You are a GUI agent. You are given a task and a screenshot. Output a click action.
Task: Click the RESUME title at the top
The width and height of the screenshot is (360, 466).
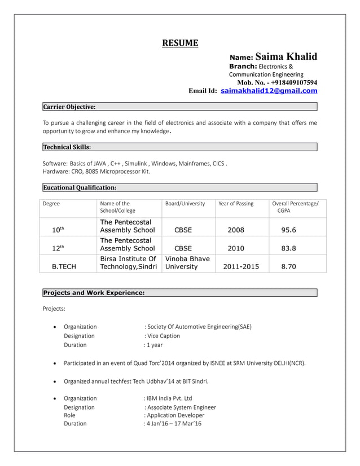tap(180, 43)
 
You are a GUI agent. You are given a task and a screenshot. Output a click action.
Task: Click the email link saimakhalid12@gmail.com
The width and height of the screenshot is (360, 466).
tap(269, 91)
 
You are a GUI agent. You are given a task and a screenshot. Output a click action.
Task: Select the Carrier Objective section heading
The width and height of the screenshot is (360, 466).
tap(69, 107)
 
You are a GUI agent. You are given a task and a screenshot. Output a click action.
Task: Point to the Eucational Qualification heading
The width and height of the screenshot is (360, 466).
tap(80, 187)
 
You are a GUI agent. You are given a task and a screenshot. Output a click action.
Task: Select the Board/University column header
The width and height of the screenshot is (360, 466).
tap(185, 204)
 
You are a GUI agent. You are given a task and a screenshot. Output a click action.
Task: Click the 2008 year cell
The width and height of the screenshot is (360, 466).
tap(236, 230)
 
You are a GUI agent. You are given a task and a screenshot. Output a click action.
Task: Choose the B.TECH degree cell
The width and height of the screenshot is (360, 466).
tap(64, 267)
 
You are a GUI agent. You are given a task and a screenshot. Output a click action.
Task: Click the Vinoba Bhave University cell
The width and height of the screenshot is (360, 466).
tap(187, 263)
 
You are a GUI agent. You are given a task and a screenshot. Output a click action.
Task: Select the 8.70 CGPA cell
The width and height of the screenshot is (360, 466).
tap(288, 267)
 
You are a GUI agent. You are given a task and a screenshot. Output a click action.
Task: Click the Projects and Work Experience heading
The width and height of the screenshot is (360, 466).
tap(94, 292)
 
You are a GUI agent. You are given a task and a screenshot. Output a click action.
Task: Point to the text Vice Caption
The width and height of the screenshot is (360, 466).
tap(164, 336)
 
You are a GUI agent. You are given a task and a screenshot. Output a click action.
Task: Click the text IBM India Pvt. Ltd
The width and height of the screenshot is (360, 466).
tap(169, 398)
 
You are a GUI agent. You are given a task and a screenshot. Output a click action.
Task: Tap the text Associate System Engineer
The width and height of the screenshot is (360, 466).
tap(181, 407)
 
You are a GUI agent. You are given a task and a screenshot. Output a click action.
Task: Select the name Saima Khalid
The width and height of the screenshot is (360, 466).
tap(286, 57)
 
